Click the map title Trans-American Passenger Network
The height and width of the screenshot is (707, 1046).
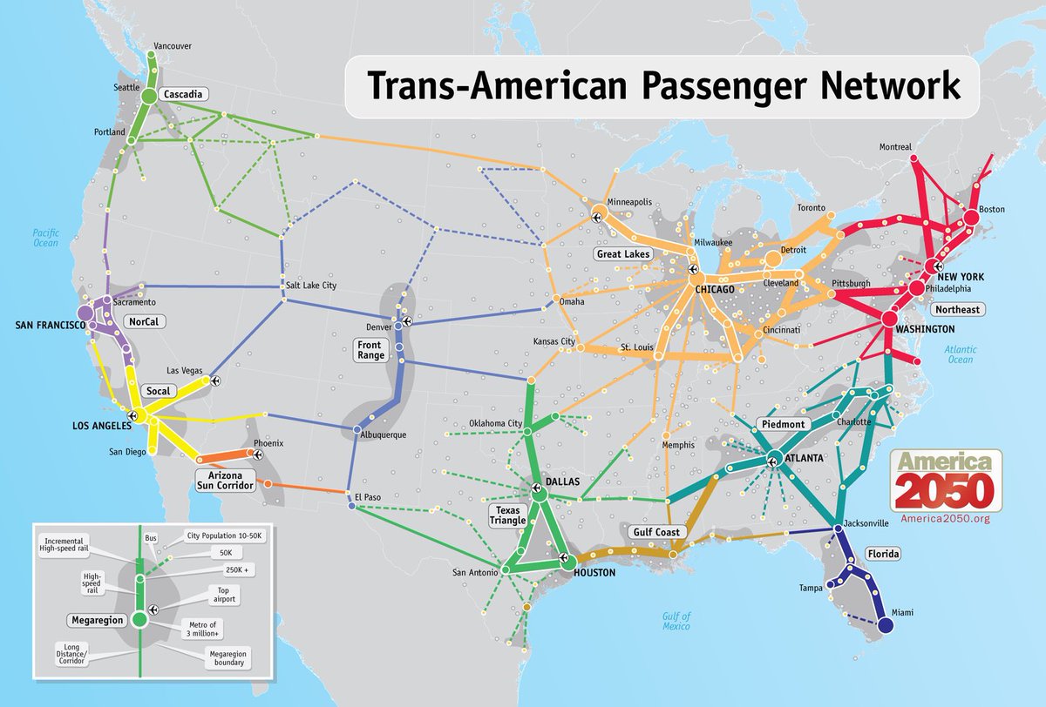(x=662, y=87)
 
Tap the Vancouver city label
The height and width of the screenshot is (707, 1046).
(x=172, y=45)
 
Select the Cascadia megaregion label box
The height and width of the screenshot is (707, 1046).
(x=184, y=94)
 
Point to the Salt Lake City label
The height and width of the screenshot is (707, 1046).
(x=309, y=286)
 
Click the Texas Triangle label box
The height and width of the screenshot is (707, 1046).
(x=508, y=515)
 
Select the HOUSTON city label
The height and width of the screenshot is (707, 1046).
(x=594, y=573)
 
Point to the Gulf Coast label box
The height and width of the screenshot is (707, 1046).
(x=656, y=531)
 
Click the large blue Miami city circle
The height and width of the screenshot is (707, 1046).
(x=886, y=625)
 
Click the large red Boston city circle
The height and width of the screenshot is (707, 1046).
(x=971, y=216)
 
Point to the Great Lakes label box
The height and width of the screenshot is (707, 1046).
(x=623, y=254)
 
